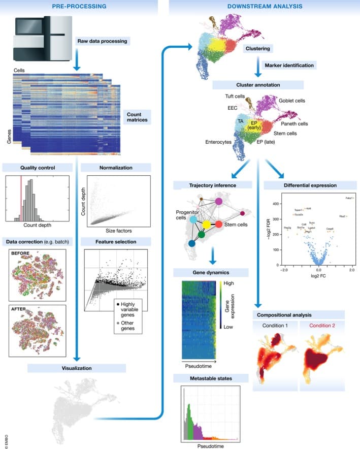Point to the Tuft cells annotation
point(236,96)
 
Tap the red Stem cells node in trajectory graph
point(218,224)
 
